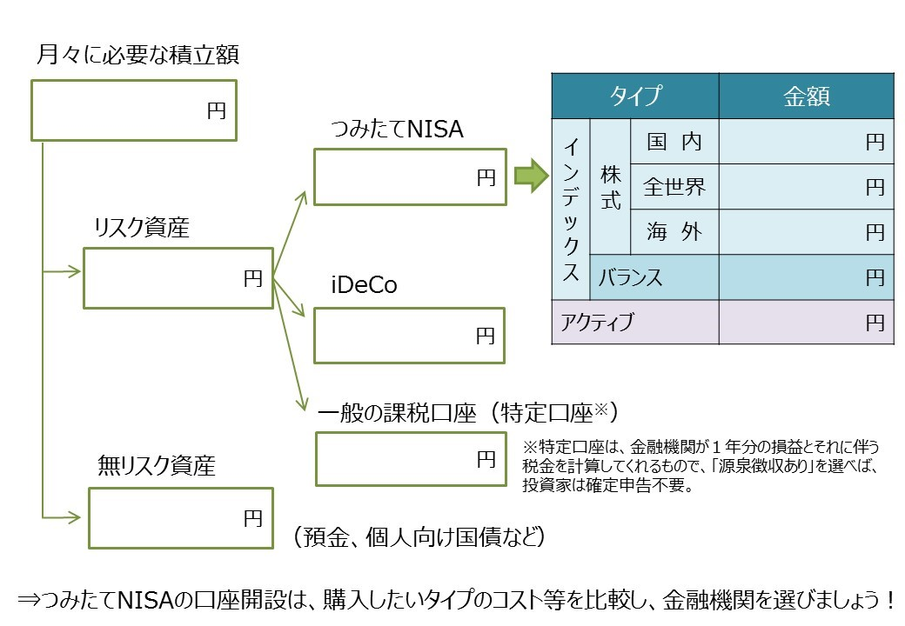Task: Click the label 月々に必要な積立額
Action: pos(138,57)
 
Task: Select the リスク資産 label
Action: pos(142,228)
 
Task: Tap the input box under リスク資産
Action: pos(178,278)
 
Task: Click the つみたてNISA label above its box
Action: pos(398,130)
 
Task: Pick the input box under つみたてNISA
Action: pos(409,177)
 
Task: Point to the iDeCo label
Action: pos(365,285)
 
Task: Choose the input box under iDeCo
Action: pos(409,335)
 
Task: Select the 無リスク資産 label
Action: pos(157,466)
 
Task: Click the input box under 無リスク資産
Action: pos(180,518)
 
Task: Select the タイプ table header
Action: pos(635,96)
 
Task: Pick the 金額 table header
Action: pos(806,96)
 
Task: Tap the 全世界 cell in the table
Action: pos(674,186)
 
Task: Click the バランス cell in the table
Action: pos(654,277)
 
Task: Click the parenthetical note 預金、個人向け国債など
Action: pos(420,536)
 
